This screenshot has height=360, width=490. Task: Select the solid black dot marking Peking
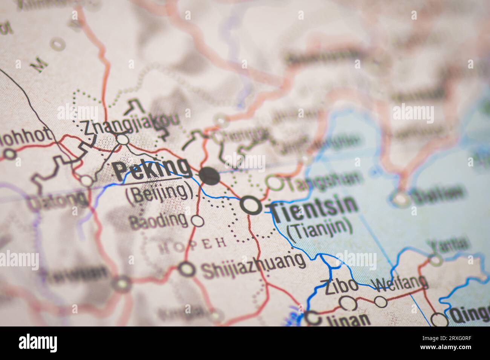click(209, 175)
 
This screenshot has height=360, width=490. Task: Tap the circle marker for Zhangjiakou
click(122, 140)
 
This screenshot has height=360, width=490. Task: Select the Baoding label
click(158, 221)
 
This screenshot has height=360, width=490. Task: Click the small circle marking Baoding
click(197, 221)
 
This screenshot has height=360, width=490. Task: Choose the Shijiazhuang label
click(253, 266)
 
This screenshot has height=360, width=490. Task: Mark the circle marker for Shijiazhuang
click(187, 269)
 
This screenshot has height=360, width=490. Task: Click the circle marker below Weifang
click(380, 301)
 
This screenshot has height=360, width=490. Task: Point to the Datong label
click(57, 201)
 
